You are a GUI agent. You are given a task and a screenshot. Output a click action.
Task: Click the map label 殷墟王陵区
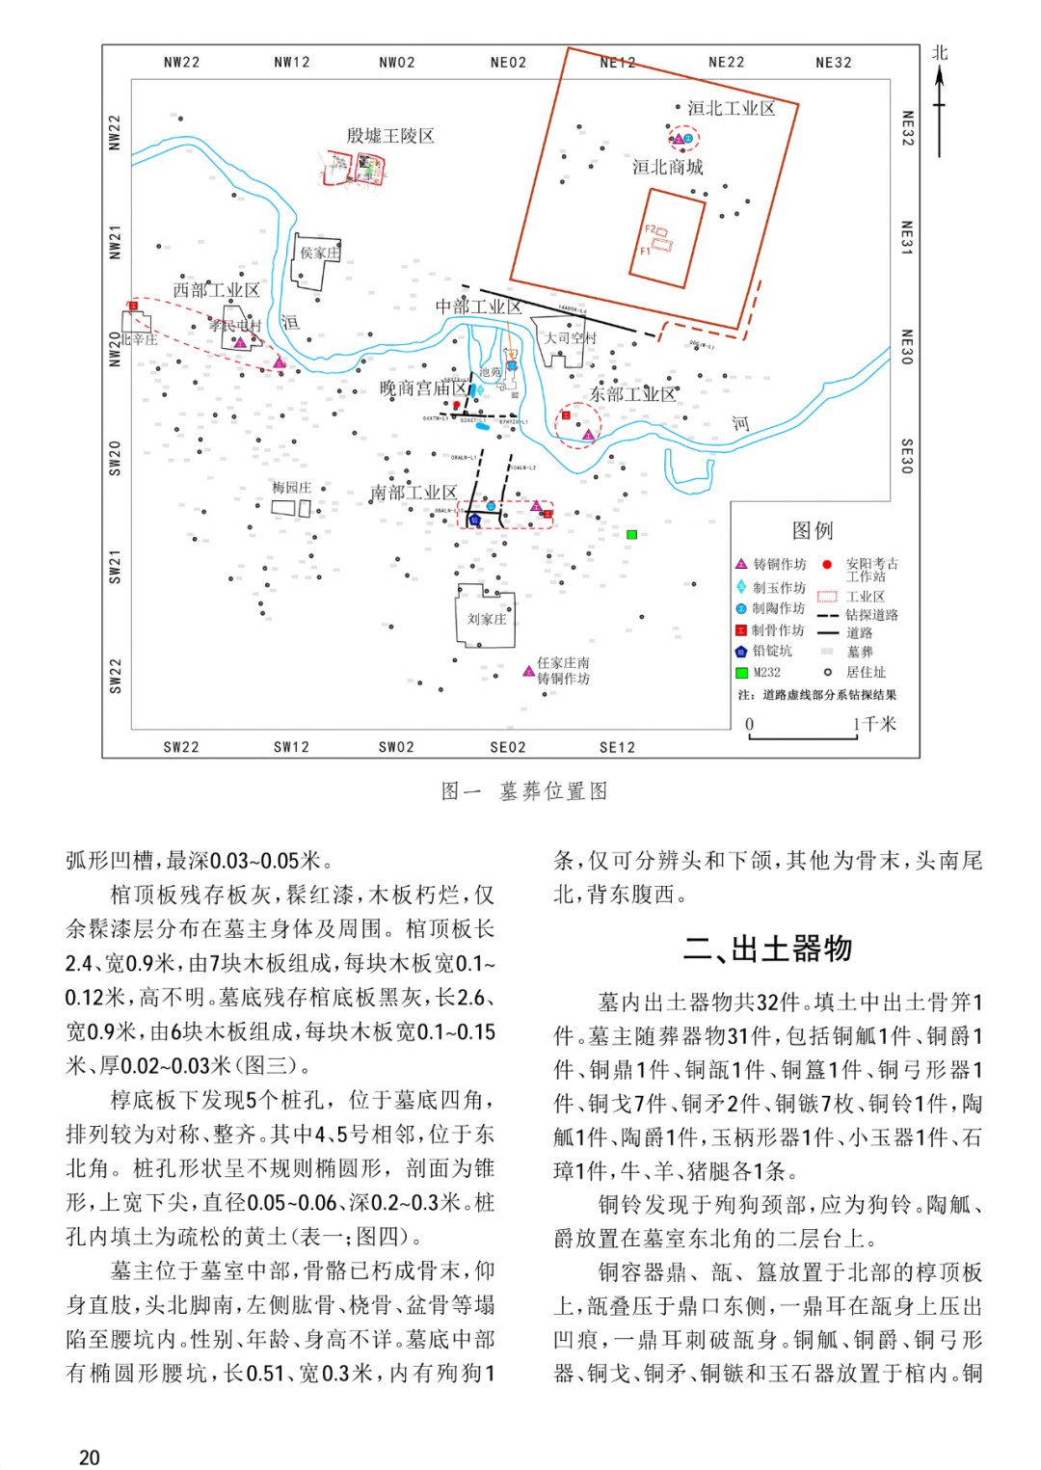(x=390, y=136)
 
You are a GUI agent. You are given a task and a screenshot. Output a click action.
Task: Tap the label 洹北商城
(x=667, y=167)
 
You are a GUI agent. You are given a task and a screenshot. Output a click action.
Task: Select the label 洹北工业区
(x=731, y=108)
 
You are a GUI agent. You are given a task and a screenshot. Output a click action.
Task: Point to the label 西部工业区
(x=216, y=289)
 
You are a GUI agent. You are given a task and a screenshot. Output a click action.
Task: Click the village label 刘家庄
(x=486, y=619)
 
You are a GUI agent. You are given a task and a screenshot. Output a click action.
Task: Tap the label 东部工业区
(x=632, y=394)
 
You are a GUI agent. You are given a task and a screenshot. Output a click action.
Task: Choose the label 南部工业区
(x=413, y=493)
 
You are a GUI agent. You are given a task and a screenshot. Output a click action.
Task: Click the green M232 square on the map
(x=631, y=534)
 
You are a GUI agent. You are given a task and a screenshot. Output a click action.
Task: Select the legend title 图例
(x=812, y=530)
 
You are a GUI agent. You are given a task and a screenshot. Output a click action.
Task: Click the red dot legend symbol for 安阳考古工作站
(x=826, y=565)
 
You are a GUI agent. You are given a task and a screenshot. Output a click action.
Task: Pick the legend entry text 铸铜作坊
(x=779, y=565)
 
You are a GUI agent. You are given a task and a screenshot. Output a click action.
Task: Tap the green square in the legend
(x=741, y=673)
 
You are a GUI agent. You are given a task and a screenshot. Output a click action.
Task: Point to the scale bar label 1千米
(x=874, y=724)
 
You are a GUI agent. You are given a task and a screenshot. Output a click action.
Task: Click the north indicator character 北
(x=940, y=53)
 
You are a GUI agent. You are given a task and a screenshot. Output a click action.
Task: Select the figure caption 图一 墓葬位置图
(x=524, y=791)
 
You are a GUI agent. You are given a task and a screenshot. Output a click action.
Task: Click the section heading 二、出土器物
(x=767, y=949)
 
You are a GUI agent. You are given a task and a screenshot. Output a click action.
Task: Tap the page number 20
(x=90, y=1457)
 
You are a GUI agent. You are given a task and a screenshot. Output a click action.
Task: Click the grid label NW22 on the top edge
(x=181, y=63)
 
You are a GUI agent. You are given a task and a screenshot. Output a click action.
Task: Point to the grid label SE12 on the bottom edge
(x=617, y=747)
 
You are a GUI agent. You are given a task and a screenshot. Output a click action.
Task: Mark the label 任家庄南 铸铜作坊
(x=563, y=671)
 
